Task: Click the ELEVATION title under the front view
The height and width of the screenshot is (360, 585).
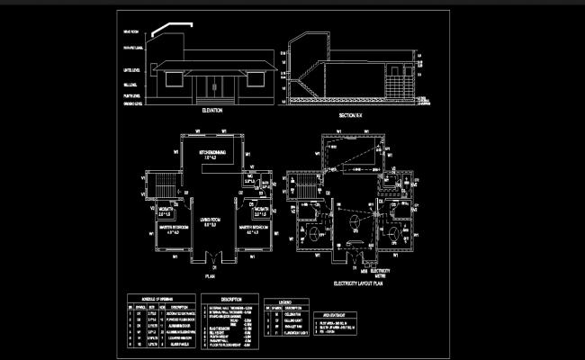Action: tap(212, 110)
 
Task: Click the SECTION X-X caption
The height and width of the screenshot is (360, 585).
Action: tap(350, 115)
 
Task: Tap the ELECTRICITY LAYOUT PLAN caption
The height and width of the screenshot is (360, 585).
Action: tap(358, 283)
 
